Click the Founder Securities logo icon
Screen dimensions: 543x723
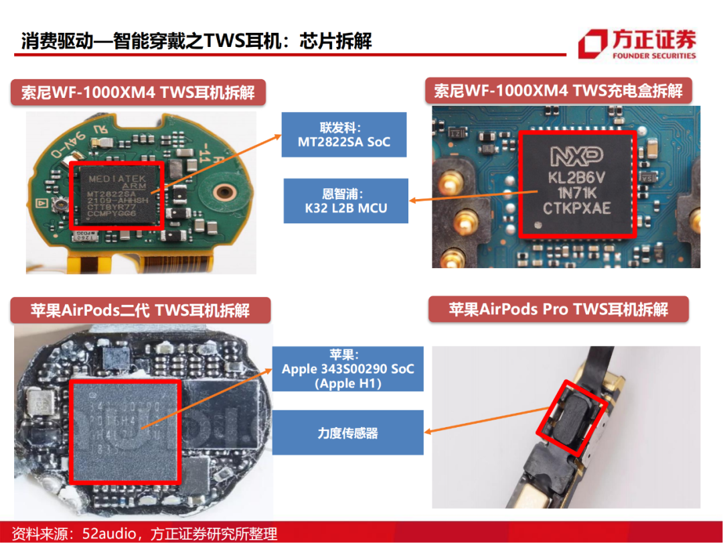(x=593, y=45)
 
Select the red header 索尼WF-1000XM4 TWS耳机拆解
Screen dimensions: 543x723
(x=138, y=92)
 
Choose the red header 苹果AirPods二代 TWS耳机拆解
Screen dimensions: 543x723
(x=140, y=310)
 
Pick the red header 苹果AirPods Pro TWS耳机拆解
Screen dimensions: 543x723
(x=558, y=310)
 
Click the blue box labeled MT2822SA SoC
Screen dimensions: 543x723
(x=343, y=135)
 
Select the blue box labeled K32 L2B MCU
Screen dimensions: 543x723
(x=345, y=201)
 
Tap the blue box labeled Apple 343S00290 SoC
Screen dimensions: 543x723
(x=347, y=369)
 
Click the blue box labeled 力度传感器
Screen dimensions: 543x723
(x=347, y=432)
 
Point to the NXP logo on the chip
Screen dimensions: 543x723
(x=576, y=156)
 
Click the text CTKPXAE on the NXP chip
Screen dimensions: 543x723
(x=576, y=209)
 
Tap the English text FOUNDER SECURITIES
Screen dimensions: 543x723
(x=653, y=56)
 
